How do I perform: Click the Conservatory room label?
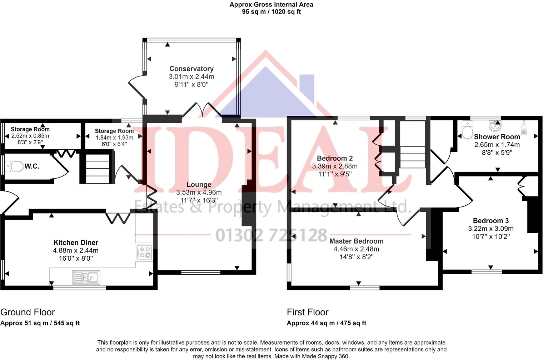[191, 69]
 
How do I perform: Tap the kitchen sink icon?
[86, 277]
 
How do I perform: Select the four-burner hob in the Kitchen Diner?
[144, 252]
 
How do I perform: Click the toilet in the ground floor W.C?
[14, 166]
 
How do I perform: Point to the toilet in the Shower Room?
[468, 129]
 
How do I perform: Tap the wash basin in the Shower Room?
[495, 126]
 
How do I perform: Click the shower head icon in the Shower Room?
[524, 128]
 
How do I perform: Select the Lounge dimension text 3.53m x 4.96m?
[199, 192]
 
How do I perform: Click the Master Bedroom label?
[356, 241]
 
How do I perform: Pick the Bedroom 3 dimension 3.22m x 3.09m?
[490, 229]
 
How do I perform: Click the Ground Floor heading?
[28, 312]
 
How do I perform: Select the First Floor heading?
[307, 312]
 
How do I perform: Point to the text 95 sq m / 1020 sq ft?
[271, 12]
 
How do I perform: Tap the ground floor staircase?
[98, 168]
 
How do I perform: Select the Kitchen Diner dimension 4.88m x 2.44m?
[76, 250]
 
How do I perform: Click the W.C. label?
[32, 166]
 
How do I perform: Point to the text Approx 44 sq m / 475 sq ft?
[326, 323]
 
